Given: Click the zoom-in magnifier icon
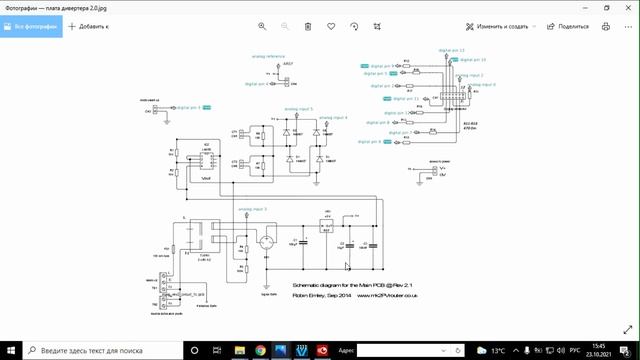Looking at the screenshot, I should tap(262, 26).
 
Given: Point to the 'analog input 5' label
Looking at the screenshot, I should tap(298, 108).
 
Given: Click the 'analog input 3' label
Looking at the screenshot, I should tap(252, 209).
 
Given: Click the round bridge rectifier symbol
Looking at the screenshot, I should tap(267, 243).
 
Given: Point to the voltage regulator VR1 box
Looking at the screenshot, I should tap(327, 226).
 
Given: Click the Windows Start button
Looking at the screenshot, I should tap(9, 350).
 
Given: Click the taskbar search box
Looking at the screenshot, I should tap(100, 350).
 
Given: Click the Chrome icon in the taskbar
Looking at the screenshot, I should tap(260, 350).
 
